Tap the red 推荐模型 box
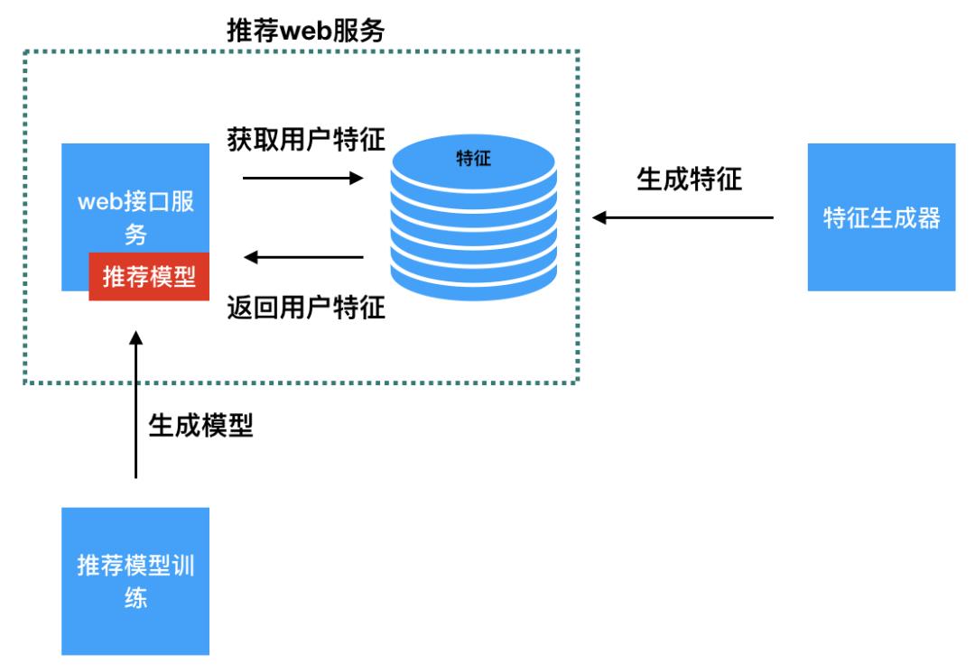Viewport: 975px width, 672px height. tap(149, 276)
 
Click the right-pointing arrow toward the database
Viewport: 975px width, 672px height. tap(302, 179)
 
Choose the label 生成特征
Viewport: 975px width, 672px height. tap(689, 179)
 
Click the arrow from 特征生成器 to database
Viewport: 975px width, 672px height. tap(683, 217)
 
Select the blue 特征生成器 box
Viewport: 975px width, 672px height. tap(881, 216)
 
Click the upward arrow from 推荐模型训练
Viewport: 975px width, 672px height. tap(136, 406)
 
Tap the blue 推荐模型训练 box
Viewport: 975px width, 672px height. tap(135, 581)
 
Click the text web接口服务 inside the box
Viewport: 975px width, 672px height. tap(135, 217)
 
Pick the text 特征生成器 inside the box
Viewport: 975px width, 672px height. tap(881, 217)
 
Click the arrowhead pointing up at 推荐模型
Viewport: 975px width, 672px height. tap(136, 340)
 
